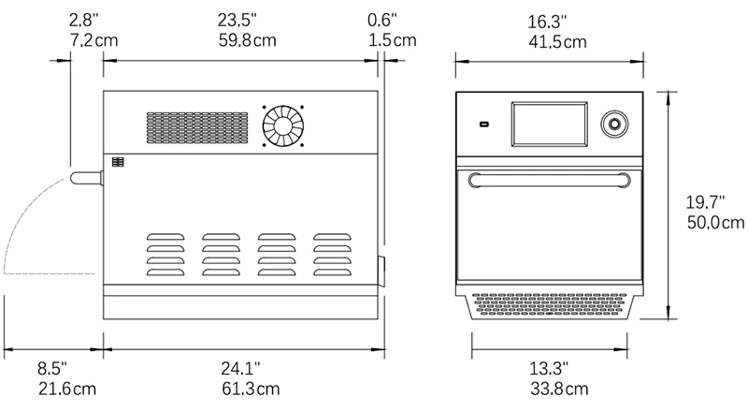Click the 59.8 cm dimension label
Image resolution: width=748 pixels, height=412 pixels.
247,40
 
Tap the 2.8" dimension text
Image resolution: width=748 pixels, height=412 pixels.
84,20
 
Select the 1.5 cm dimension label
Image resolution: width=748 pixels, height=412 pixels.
392,40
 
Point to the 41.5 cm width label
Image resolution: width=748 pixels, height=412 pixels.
557,42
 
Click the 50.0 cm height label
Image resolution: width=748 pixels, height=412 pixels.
715,222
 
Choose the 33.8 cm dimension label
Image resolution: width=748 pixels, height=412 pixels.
559,389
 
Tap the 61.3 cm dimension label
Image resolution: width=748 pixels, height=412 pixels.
251,389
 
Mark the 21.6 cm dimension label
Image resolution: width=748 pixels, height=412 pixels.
67,389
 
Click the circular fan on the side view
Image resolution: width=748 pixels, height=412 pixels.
283,126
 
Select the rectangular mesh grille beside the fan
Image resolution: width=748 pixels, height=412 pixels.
197,127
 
